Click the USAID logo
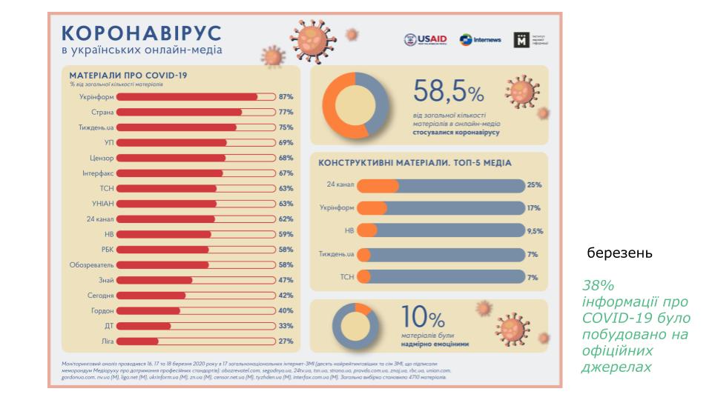(x=426, y=40)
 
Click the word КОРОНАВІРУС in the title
(x=141, y=33)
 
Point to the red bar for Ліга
(x=138, y=341)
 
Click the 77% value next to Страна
(x=286, y=112)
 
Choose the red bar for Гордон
(x=148, y=311)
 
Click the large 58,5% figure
(x=448, y=93)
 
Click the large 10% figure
(x=423, y=319)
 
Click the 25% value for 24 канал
(x=534, y=184)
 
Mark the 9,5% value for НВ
(x=534, y=231)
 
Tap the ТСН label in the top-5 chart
(x=346, y=277)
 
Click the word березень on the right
(x=619, y=253)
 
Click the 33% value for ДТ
(x=286, y=326)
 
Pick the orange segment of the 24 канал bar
(x=378, y=184)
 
